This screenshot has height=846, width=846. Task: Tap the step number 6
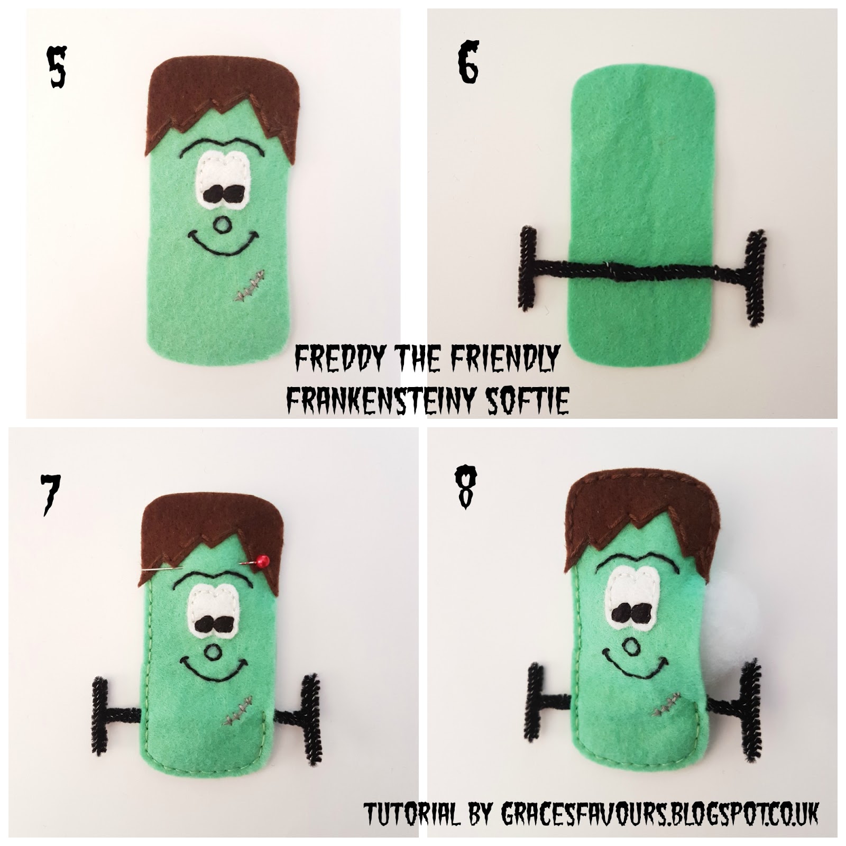click(468, 63)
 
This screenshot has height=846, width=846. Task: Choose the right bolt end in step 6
click(754, 275)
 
